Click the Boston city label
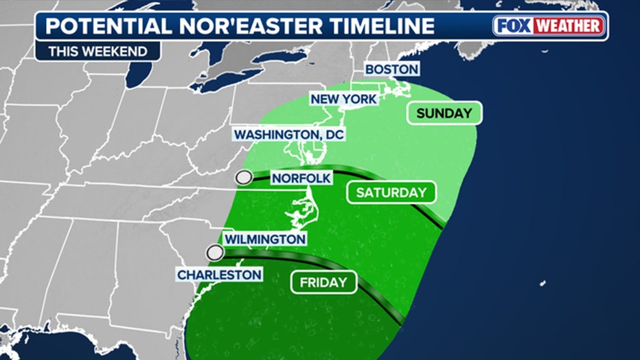[391, 69]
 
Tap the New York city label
[343, 99]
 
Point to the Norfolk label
[301, 179]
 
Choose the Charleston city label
[220, 275]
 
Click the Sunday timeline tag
[444, 113]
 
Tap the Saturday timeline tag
[391, 192]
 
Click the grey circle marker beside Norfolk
[243, 179]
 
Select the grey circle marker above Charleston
[216, 253]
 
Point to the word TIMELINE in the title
[382, 26]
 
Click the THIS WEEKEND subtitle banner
[98, 51]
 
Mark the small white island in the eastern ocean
[542, 282]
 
